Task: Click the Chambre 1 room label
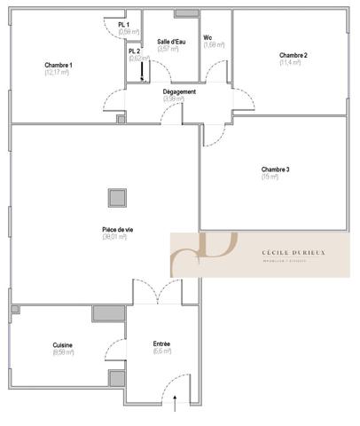tap(59, 65)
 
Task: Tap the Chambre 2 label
tap(293, 56)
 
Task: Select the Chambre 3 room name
tap(275, 169)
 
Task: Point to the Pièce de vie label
tap(117, 230)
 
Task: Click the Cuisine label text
tap(62, 344)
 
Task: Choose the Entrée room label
tap(161, 343)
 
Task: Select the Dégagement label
tap(179, 91)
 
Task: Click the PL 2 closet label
tap(134, 51)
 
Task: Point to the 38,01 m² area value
tap(117, 238)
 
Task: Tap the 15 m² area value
tap(270, 177)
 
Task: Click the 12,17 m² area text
tap(57, 72)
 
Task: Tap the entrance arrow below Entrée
tap(176, 404)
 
